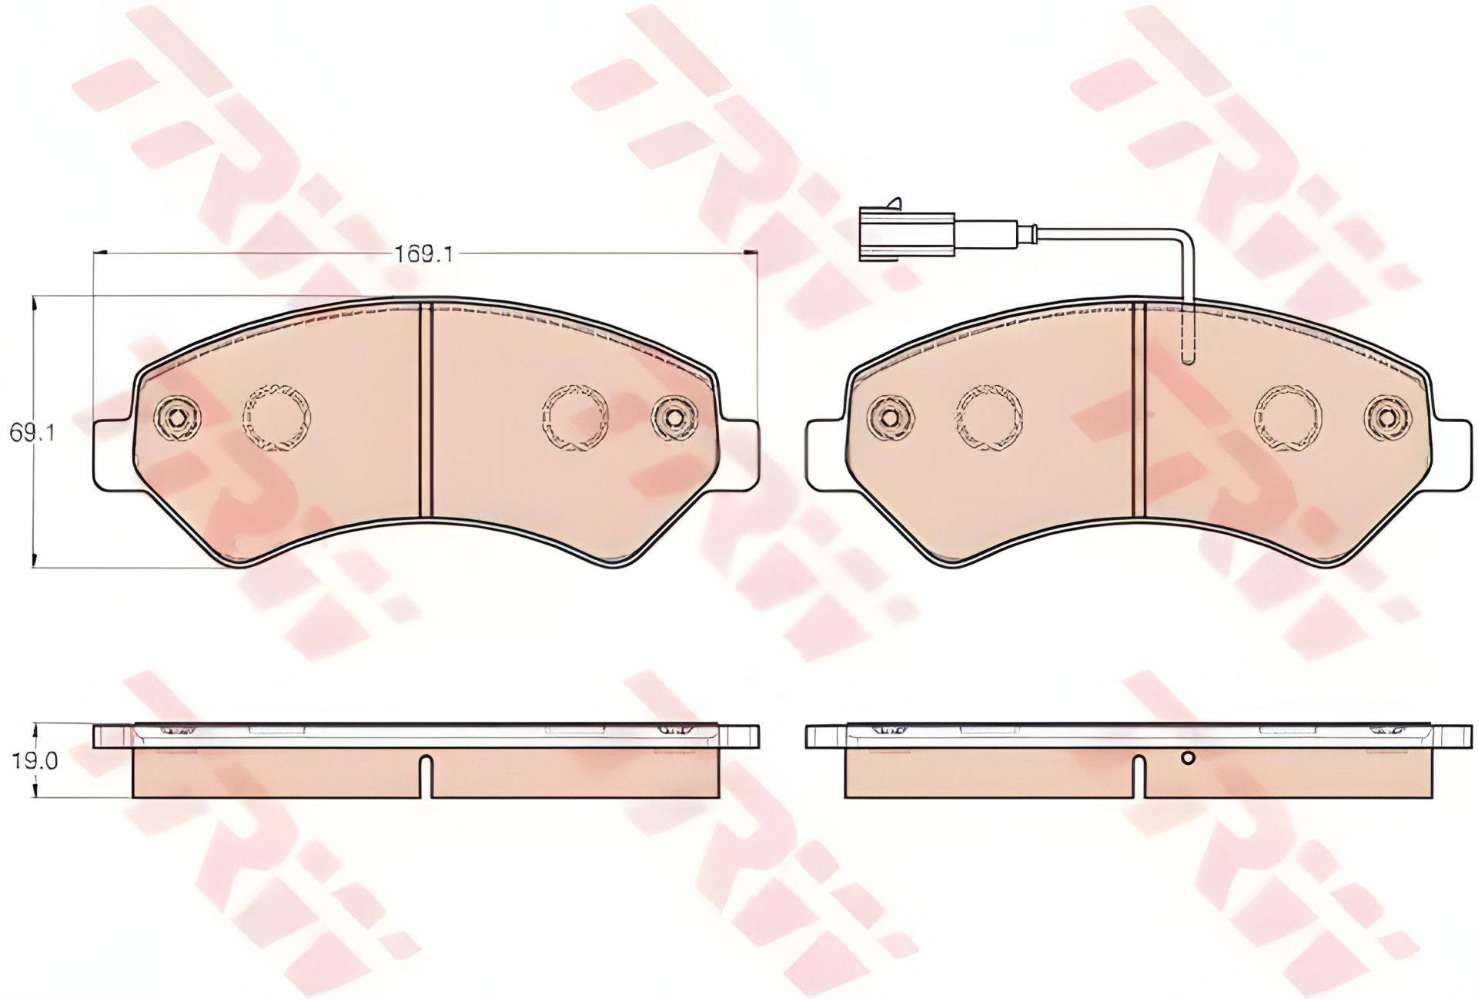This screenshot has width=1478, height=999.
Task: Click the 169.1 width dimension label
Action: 423,254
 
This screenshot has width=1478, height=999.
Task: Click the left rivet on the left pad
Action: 178,417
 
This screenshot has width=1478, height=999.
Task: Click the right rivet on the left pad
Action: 674,418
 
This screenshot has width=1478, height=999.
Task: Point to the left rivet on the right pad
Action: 891,417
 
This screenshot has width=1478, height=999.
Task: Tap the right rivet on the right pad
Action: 1388,418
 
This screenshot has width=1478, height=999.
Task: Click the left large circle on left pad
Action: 276,417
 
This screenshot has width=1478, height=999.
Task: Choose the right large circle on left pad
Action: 575,417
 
